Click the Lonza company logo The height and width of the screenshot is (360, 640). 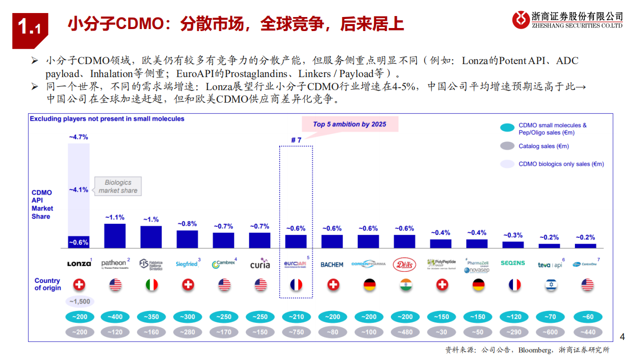tap(79, 263)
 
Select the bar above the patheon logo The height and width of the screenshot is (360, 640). tap(115, 236)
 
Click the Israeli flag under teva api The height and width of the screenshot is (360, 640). tap(549, 285)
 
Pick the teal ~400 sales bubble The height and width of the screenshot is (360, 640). tap(115, 317)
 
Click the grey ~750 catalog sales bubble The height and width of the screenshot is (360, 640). tap(296, 332)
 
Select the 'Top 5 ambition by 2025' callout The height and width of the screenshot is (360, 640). tap(349, 124)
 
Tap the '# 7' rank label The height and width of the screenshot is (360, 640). tap(296, 140)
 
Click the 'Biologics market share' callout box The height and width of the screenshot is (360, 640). tap(118, 186)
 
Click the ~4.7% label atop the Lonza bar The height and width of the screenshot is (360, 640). tap(79, 136)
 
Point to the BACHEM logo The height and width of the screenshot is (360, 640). tap(332, 264)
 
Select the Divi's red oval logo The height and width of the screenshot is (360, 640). tap(404, 264)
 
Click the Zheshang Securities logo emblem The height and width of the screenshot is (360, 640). tap(521, 20)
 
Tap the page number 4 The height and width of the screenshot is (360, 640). tap(622, 337)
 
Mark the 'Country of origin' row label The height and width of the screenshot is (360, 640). tap(48, 284)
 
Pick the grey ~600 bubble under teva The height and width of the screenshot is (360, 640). tap(549, 332)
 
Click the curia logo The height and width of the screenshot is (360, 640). tap(260, 264)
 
